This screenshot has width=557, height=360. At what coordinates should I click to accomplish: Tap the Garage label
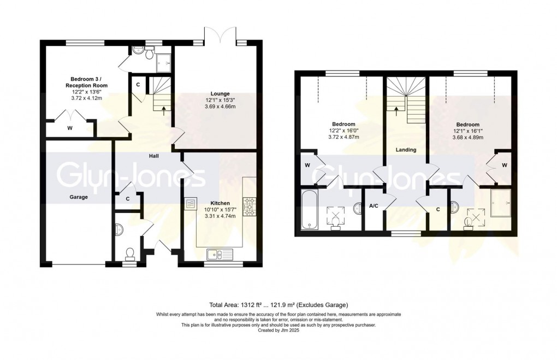click(79, 197)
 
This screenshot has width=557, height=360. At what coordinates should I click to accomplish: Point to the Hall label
click(155, 156)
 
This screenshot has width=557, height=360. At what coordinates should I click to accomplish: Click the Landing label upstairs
click(406, 150)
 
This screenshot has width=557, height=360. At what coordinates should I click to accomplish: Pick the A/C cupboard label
click(374, 206)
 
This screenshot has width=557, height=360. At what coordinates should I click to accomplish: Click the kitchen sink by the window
click(220, 253)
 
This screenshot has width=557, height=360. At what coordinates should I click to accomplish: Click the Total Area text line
click(278, 304)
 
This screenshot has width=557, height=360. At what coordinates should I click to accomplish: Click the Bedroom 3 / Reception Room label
click(86, 82)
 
